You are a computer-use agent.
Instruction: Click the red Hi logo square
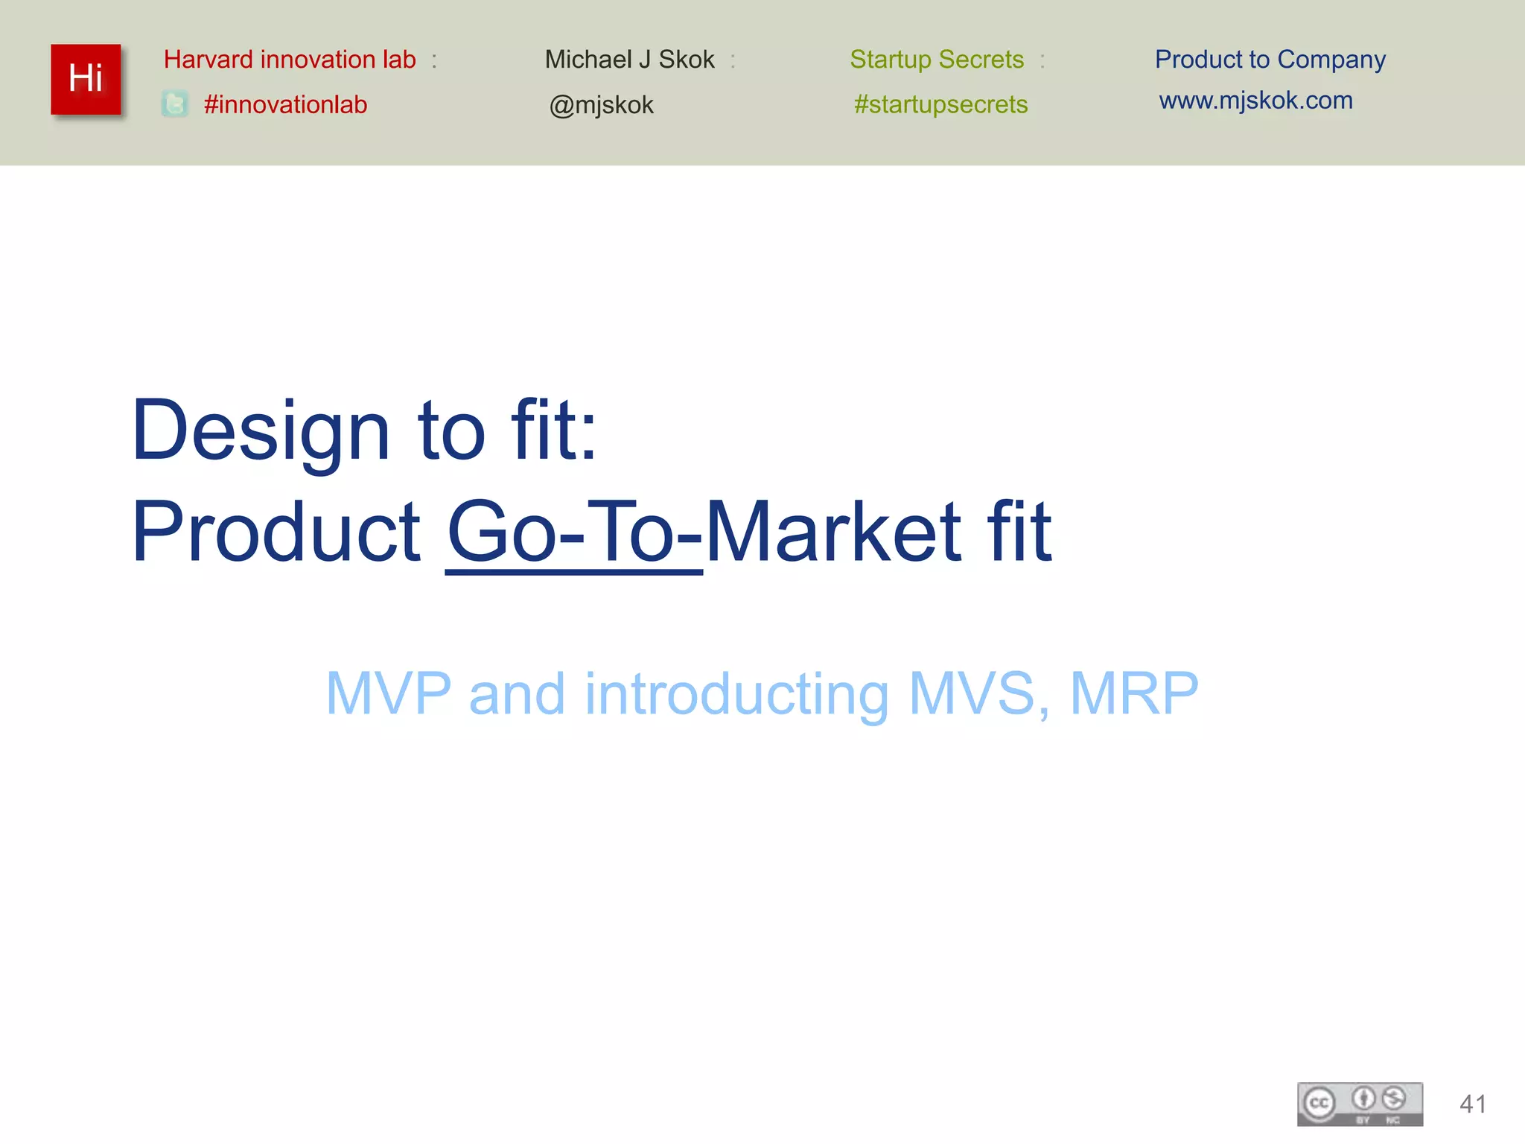(x=86, y=79)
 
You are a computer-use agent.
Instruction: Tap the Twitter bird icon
(x=175, y=104)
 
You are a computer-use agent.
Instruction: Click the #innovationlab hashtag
(x=285, y=104)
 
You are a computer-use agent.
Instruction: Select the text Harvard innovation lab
(x=290, y=59)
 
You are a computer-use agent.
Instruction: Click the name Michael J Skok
(x=629, y=59)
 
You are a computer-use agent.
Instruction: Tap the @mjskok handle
(x=601, y=105)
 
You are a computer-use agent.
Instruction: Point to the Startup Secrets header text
(x=937, y=59)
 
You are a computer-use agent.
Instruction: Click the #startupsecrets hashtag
(x=940, y=104)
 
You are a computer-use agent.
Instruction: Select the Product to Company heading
(x=1270, y=59)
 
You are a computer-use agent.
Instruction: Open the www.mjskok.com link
(x=1255, y=100)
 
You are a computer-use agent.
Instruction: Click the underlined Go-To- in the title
(x=574, y=532)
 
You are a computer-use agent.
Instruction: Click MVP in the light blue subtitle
(x=389, y=693)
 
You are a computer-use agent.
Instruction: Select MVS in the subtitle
(x=972, y=693)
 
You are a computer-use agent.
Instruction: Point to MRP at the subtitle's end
(x=1133, y=693)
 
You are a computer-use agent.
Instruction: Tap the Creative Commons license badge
(x=1360, y=1104)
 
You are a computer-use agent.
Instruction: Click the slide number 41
(x=1473, y=1104)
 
